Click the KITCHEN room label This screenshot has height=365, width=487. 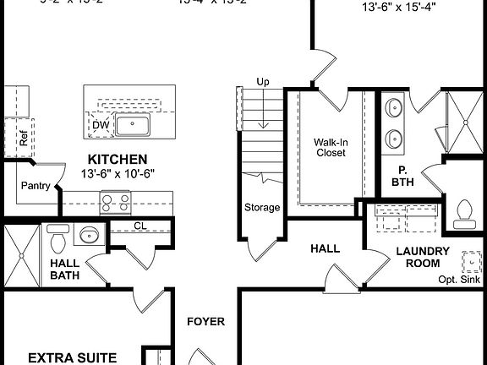click(118, 159)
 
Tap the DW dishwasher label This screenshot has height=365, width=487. click(101, 125)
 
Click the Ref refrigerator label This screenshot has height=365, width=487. click(23, 137)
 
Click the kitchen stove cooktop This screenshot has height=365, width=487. click(115, 202)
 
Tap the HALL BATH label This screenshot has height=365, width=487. click(65, 269)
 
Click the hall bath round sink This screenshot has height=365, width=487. click(87, 236)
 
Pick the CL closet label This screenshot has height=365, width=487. click(140, 226)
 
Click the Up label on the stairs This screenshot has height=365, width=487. click(263, 81)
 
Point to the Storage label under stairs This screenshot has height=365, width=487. click(262, 207)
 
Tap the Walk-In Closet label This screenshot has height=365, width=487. click(331, 148)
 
